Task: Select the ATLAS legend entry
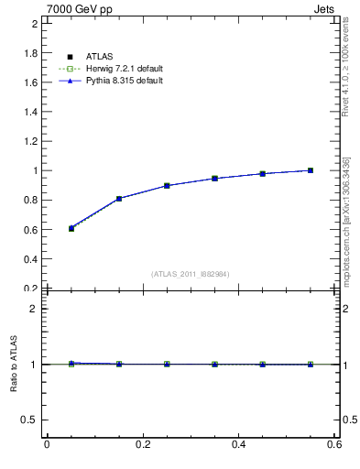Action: (96, 57)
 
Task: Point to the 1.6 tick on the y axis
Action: (31, 82)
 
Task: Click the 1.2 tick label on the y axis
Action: (31, 141)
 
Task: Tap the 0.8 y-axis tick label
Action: (31, 200)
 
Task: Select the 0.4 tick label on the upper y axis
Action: (31, 258)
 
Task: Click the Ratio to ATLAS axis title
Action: (15, 365)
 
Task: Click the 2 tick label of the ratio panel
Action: (36, 309)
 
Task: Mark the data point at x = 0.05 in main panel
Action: (46, 228)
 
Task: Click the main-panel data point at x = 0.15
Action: (119, 198)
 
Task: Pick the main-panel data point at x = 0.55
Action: (311, 170)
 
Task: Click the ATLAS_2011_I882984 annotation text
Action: (191, 274)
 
